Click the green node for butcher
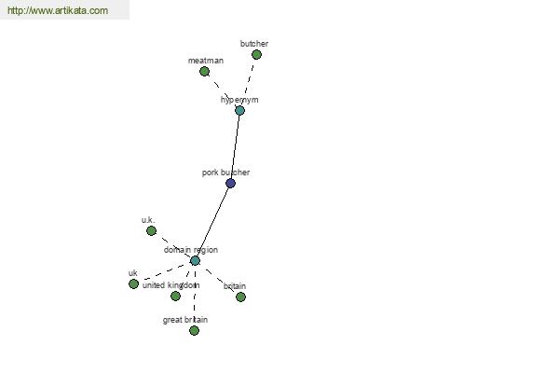[256, 55]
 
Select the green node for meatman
[204, 72]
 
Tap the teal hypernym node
[239, 110]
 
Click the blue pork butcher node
[230, 184]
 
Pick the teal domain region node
[195, 260]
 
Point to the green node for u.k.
[151, 231]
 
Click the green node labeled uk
[133, 283]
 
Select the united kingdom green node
[175, 296]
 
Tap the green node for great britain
[194, 330]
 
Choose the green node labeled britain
[240, 297]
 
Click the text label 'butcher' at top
[254, 44]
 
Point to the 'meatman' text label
[206, 61]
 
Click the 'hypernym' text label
[239, 100]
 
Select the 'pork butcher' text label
[225, 173]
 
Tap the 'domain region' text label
[191, 250]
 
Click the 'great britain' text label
[185, 320]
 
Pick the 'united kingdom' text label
[170, 285]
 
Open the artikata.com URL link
[58, 10]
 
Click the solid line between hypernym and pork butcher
[235, 146]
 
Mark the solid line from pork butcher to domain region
[212, 222]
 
